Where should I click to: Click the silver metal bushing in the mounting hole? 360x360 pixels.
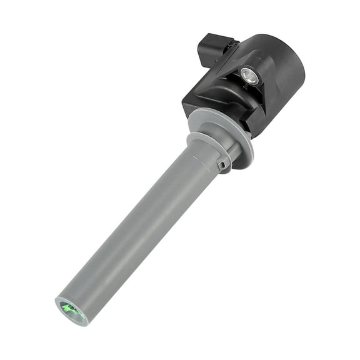(x=248, y=76)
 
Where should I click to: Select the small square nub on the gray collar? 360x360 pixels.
(x=222, y=165)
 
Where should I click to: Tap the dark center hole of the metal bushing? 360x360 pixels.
(x=248, y=76)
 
